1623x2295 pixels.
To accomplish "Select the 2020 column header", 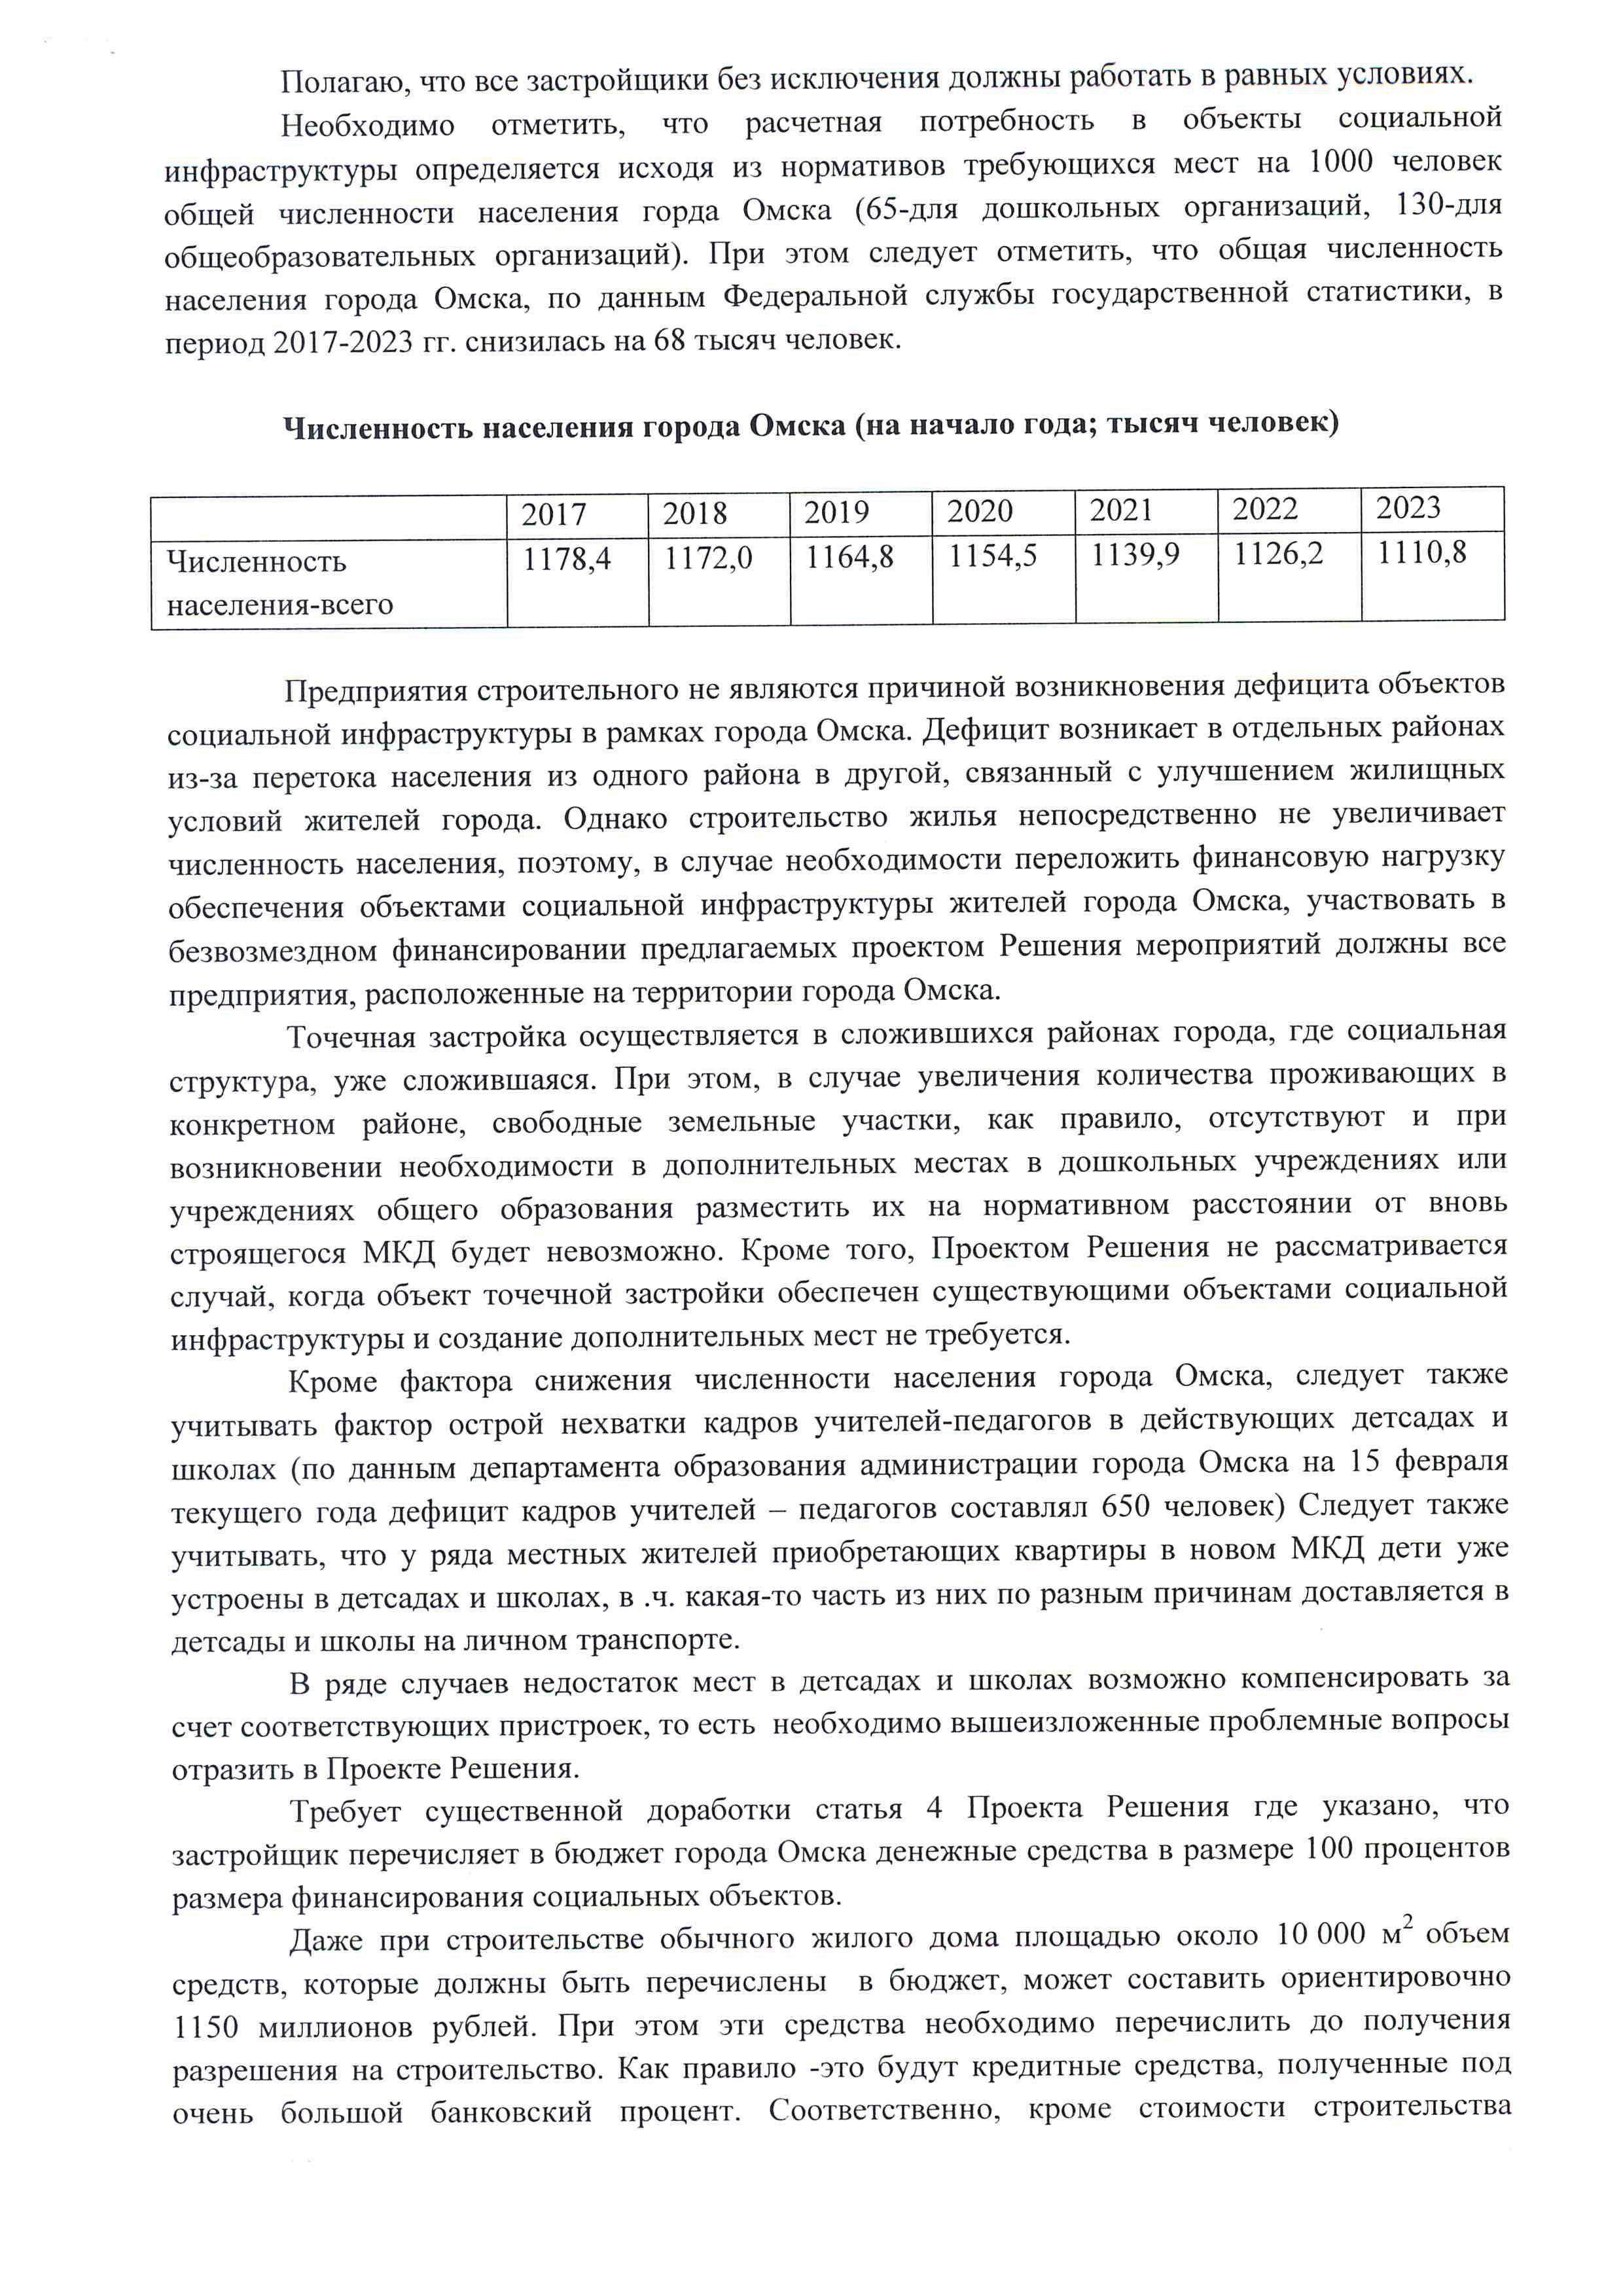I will pos(980,512).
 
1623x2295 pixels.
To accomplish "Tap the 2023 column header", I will pos(1408,508).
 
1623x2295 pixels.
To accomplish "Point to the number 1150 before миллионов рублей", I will pos(206,2026).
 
